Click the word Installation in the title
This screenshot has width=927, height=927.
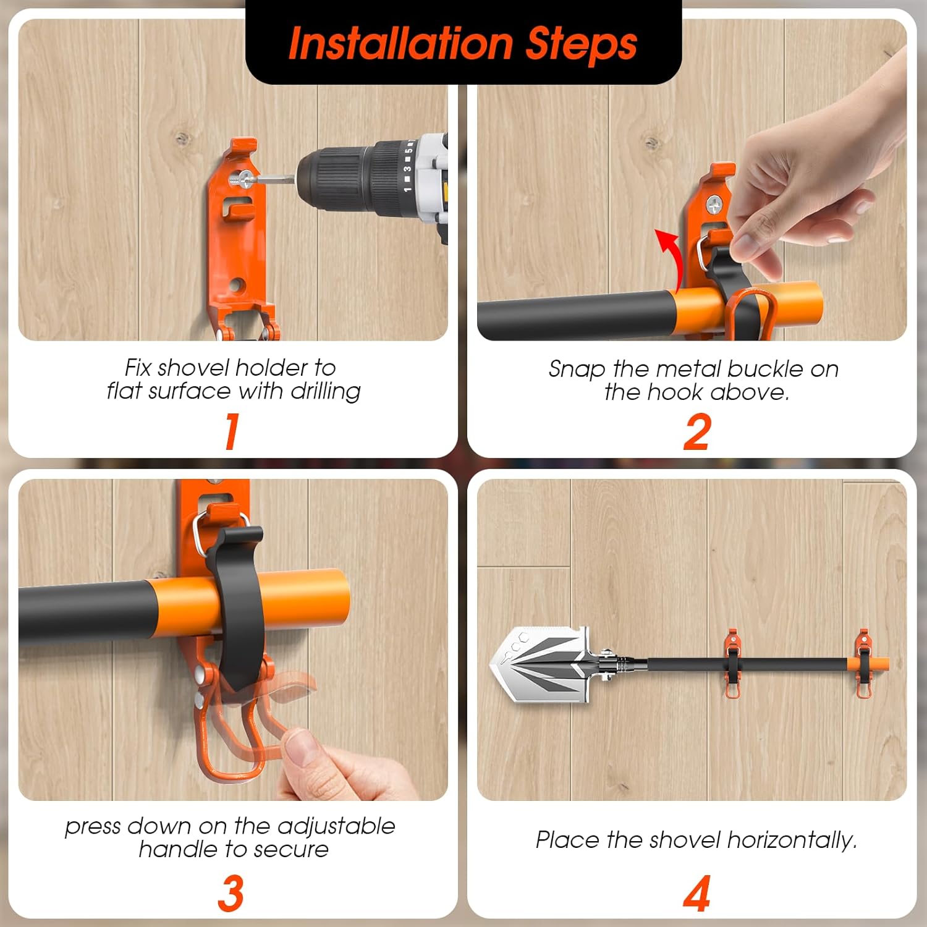(x=400, y=43)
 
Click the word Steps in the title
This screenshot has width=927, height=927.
(x=582, y=43)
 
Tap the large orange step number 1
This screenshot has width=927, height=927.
(x=232, y=431)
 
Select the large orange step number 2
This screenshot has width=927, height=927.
(x=697, y=432)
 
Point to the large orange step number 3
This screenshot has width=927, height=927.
(x=231, y=893)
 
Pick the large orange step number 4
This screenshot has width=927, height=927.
(x=697, y=893)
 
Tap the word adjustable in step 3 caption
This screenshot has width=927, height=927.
(x=336, y=827)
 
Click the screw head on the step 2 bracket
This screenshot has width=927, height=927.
(x=716, y=204)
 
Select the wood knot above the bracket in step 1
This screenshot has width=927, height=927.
(x=181, y=138)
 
